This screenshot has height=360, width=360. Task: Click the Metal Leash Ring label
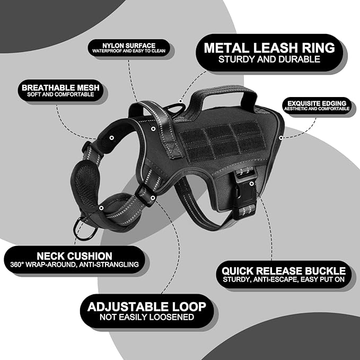tap(269, 53)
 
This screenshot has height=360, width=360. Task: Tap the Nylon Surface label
tap(129, 48)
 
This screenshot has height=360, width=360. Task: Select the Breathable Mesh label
tap(60, 91)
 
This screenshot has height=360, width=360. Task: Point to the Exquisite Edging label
tap(317, 106)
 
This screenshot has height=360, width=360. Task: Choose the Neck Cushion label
tap(75, 260)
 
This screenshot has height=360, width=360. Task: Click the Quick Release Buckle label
tap(284, 275)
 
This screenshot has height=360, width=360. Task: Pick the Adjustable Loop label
tap(147, 311)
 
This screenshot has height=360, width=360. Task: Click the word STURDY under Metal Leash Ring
tap(236, 59)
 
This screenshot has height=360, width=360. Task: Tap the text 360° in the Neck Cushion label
tap(17, 265)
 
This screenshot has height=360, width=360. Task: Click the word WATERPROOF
tap(107, 51)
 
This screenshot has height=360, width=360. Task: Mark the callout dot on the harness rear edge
tap(281, 138)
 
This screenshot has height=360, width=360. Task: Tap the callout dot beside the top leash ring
tap(181, 101)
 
